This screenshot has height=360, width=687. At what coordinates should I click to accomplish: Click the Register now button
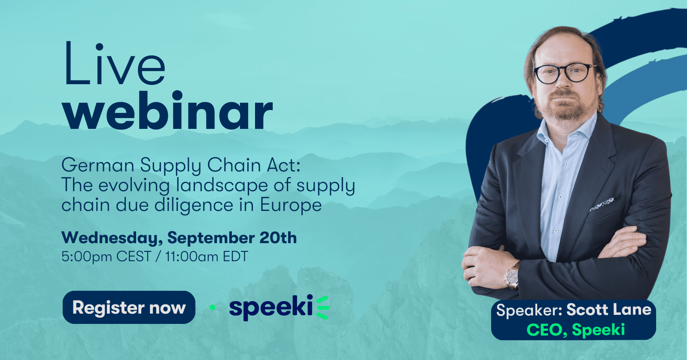pyautogui.click(x=129, y=307)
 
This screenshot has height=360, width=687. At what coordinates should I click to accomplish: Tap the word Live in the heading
pyautogui.click(x=115, y=64)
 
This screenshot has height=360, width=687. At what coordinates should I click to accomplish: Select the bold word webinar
pyautogui.click(x=167, y=110)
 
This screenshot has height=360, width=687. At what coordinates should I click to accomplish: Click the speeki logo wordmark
pyautogui.click(x=279, y=308)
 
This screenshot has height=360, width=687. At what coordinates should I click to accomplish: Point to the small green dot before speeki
pyautogui.click(x=213, y=307)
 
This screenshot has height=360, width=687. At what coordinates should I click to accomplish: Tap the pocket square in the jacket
pyautogui.click(x=602, y=204)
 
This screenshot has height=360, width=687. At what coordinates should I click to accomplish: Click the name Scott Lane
pyautogui.click(x=609, y=310)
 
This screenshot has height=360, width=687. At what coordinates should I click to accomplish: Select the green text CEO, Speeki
pyautogui.click(x=576, y=329)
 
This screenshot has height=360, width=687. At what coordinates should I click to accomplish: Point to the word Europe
pyautogui.click(x=291, y=205)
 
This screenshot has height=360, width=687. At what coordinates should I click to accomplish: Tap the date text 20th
pyautogui.click(x=278, y=238)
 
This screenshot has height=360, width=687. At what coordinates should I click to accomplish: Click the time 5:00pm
pyautogui.click(x=86, y=256)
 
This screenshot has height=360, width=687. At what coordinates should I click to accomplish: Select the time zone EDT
pyautogui.click(x=236, y=256)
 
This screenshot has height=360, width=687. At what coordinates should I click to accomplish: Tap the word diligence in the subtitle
pyautogui.click(x=194, y=205)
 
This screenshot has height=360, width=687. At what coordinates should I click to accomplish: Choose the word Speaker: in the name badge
pyautogui.click(x=529, y=310)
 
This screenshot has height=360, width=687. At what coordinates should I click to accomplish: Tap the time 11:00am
pyautogui.click(x=192, y=256)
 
